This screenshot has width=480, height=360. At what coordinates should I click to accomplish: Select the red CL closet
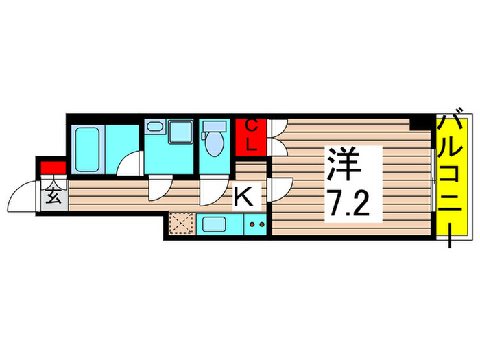tap(252, 136)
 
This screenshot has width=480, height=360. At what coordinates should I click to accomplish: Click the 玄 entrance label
tap(53, 198)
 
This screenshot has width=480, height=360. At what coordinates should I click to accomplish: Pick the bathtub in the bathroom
tap(88, 149)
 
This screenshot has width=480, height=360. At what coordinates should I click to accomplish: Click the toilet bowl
tap(215, 143)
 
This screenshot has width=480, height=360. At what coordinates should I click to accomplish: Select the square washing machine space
tap(181, 132)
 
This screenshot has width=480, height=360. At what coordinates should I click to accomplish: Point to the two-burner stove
tap(256, 224)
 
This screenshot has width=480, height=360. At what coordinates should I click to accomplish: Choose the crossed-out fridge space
tap(182, 224)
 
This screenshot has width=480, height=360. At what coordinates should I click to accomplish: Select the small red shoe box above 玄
tap(53, 167)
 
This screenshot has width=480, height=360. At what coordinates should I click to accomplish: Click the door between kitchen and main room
tap(280, 189)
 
